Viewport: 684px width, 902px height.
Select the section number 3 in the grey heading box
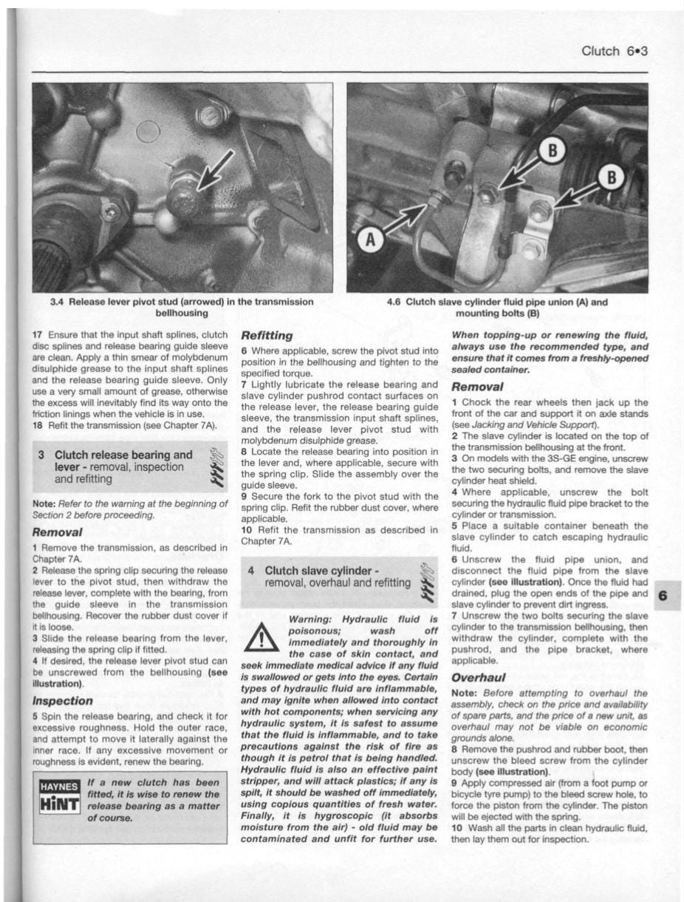tap(43, 455)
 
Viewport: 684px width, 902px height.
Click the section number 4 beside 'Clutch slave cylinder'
tap(251, 571)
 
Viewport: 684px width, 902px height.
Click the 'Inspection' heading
tap(62, 700)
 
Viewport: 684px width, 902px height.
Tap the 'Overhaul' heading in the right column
tap(478, 677)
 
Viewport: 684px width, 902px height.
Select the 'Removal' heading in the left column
tap(57, 532)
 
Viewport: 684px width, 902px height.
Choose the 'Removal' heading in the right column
tap(476, 387)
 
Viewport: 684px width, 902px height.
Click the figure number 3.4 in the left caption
tap(57, 302)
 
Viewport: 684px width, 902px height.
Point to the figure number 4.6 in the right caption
tap(395, 302)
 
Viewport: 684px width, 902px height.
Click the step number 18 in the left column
tap(38, 426)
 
